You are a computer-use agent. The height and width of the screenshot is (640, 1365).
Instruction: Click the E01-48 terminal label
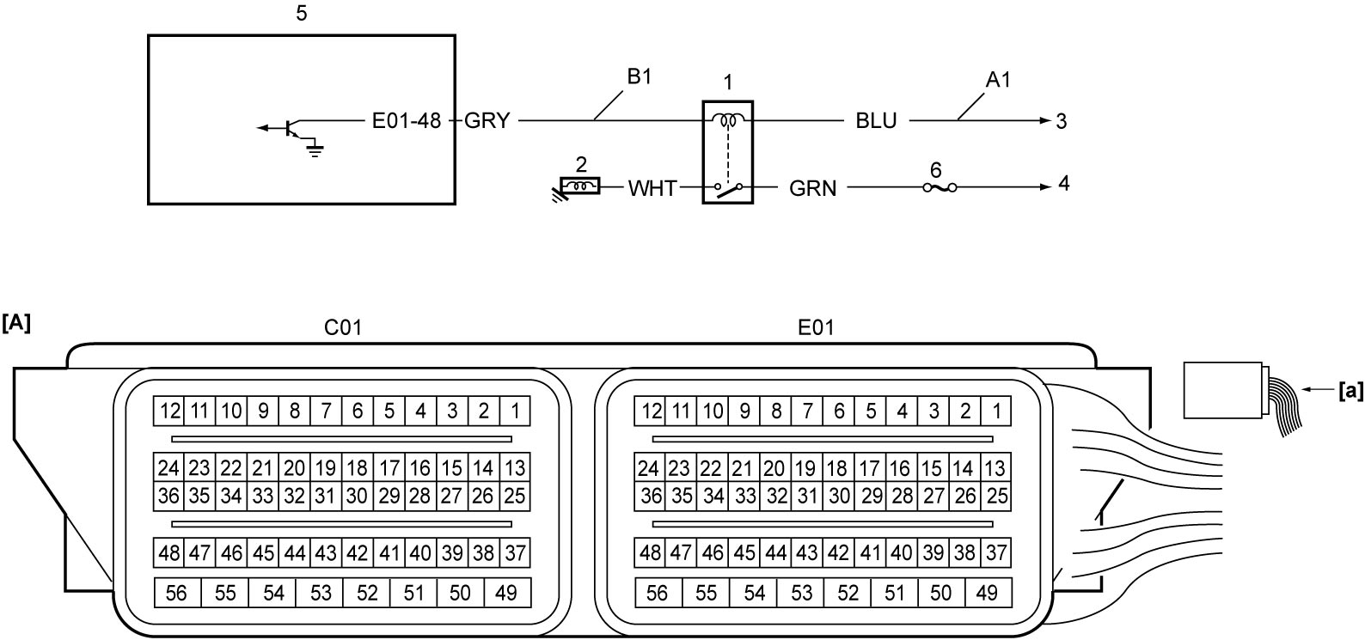(407, 120)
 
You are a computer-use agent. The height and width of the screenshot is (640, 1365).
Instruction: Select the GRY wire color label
(487, 120)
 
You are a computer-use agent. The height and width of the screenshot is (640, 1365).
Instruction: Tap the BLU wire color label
(876, 120)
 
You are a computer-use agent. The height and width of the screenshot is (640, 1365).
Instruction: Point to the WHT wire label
(652, 188)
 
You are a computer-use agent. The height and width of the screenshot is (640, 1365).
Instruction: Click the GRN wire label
(813, 188)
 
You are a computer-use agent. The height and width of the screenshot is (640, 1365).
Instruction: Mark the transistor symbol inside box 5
(291, 128)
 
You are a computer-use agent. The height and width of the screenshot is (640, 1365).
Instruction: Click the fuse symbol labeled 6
(940, 188)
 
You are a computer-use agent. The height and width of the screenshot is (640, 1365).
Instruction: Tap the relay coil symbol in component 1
(727, 121)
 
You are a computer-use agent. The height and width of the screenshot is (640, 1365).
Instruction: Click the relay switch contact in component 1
(728, 189)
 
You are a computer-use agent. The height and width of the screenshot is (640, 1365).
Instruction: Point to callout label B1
(640, 76)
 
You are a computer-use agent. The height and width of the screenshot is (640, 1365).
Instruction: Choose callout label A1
(998, 79)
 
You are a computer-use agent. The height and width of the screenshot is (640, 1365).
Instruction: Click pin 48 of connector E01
(650, 553)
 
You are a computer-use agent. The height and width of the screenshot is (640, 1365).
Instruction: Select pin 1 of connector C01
(515, 411)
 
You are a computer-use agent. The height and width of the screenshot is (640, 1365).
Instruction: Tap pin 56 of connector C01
(177, 593)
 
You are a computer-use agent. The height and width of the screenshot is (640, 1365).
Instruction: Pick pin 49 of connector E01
(988, 593)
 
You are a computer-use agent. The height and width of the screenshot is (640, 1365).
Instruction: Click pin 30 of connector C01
(357, 496)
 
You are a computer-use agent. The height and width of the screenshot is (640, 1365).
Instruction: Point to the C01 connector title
(342, 327)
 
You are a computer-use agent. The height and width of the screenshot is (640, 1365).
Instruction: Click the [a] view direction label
(1350, 392)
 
